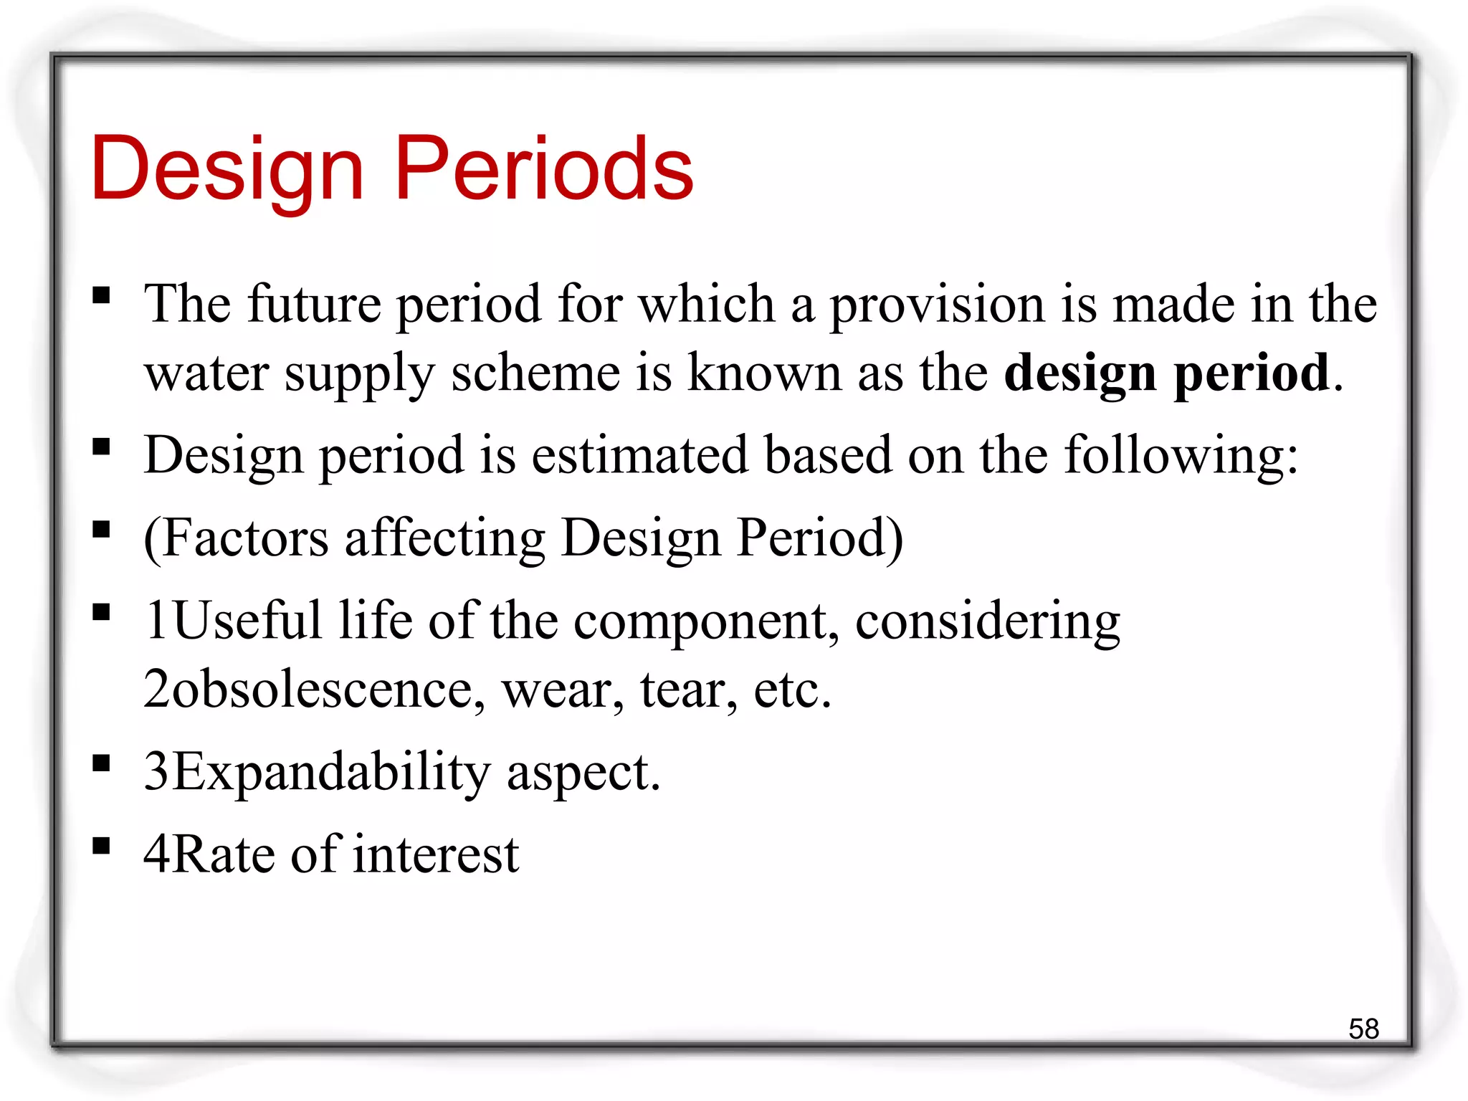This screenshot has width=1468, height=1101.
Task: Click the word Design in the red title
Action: pos(227,170)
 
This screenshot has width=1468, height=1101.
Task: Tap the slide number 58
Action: pos(1363,1029)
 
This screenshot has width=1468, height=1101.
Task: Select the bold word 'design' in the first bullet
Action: pos(1080,373)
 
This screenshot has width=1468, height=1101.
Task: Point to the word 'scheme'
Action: pos(535,373)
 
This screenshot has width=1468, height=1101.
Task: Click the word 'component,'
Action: pos(706,621)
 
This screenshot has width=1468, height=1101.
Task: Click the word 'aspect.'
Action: pos(583,773)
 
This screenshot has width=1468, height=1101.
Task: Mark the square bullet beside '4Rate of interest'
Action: pos(102,847)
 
